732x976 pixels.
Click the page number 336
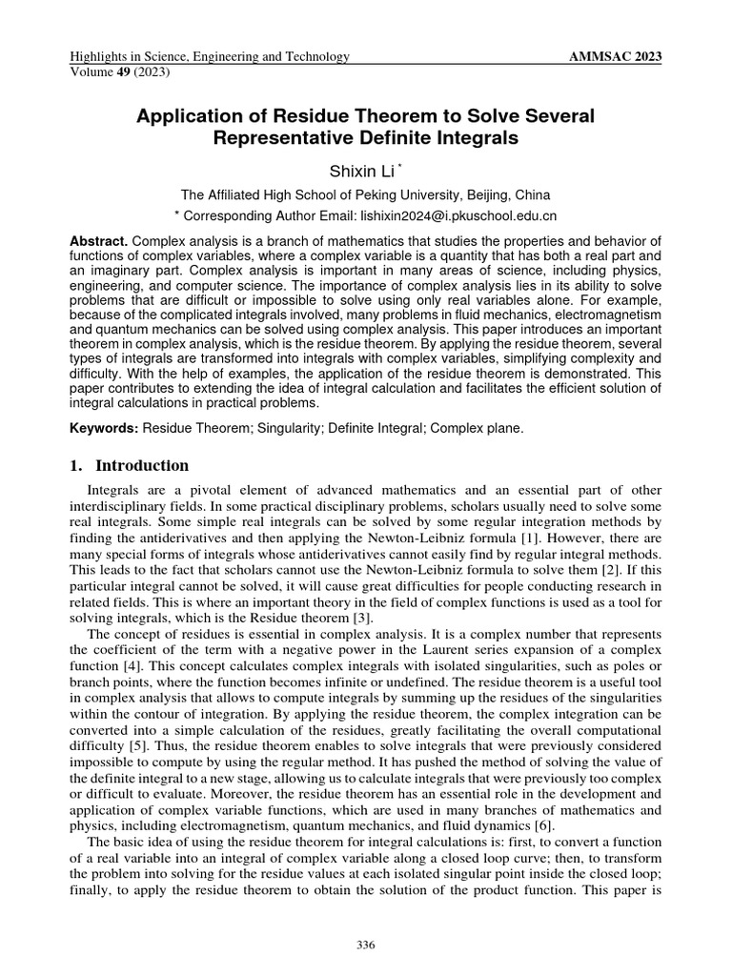coord(366,945)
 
